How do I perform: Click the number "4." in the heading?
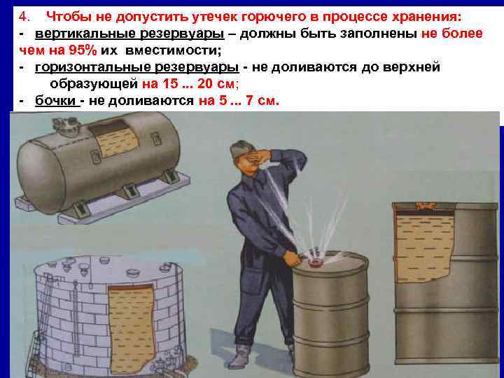[x=24, y=16]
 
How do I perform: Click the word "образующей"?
[x=94, y=84]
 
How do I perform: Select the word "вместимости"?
[x=173, y=50]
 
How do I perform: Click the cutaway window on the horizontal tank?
[x=113, y=139]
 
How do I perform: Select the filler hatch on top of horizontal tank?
[x=66, y=125]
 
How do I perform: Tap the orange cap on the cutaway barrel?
[x=425, y=206]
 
